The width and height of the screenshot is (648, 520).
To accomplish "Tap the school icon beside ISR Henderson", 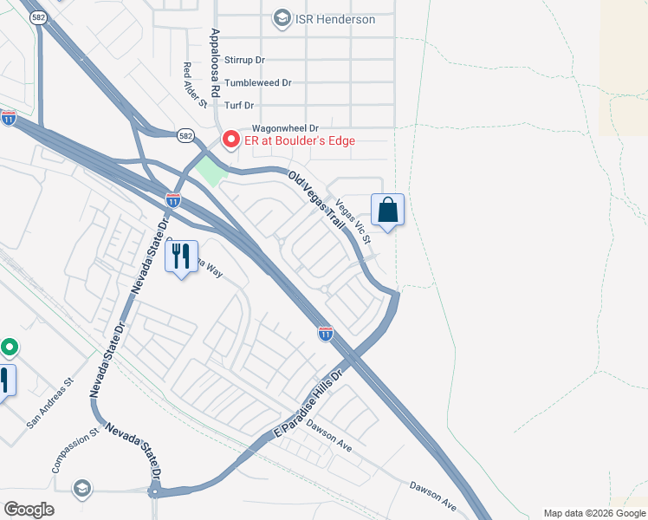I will [x=282, y=18].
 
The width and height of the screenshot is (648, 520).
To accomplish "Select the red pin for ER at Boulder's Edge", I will [x=230, y=139].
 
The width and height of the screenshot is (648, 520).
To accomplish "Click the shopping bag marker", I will [x=387, y=211].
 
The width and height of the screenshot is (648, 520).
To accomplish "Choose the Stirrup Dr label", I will [x=244, y=61].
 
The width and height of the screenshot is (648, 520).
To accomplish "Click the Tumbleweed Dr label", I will [x=258, y=83].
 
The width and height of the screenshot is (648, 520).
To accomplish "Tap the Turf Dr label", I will [x=238, y=106].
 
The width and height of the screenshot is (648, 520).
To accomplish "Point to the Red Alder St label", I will [x=195, y=85].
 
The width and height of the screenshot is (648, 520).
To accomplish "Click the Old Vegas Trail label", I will [x=317, y=201].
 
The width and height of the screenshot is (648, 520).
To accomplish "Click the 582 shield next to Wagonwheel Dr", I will [x=185, y=135].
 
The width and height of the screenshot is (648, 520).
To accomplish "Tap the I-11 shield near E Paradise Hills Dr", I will [x=325, y=333].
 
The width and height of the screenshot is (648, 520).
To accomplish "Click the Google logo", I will [x=29, y=509].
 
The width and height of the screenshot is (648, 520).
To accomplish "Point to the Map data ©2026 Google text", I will [x=593, y=513].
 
